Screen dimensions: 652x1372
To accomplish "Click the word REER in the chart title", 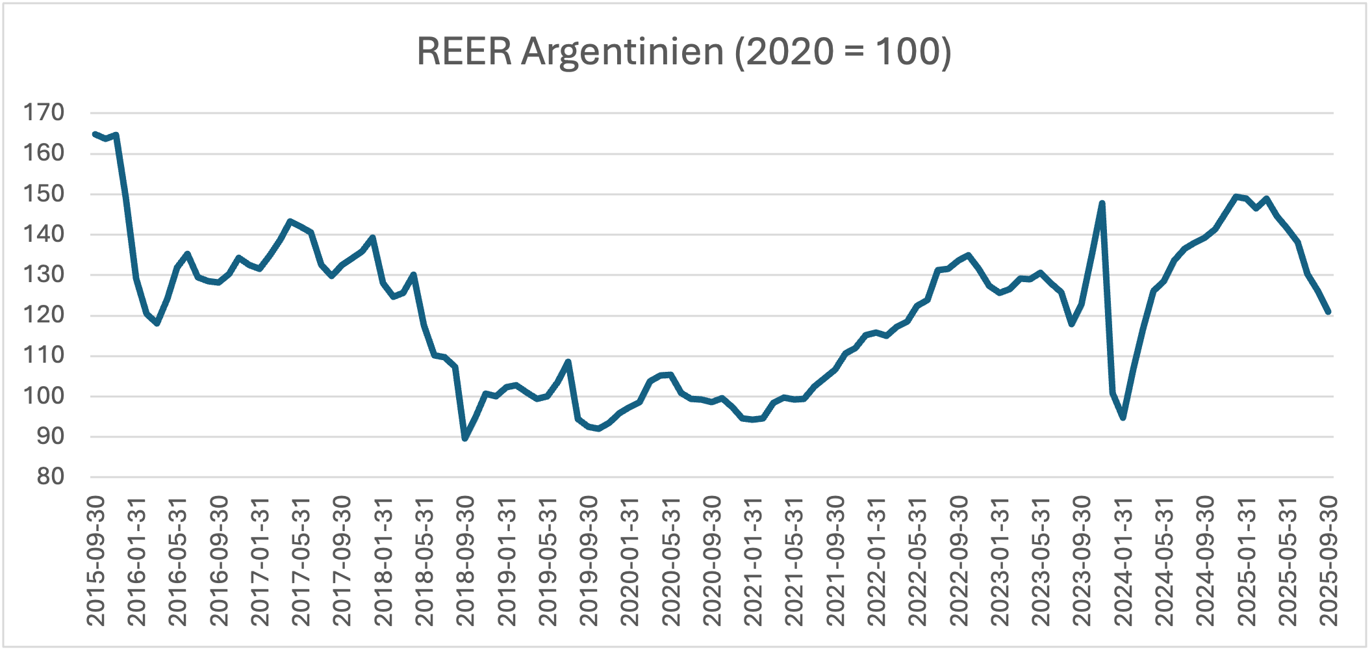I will [464, 51].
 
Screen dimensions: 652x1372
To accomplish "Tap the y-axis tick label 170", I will [44, 112].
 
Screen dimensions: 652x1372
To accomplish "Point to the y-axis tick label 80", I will [51, 476].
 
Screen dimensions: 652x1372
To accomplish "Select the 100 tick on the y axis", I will [44, 396].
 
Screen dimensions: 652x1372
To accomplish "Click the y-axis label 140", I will [44, 234].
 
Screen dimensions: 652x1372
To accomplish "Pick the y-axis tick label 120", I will [44, 315].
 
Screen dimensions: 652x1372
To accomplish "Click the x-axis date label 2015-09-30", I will [95, 560].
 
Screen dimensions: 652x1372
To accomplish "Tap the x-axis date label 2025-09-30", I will [1328, 560].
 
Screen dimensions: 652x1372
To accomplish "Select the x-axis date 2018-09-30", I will [465, 560].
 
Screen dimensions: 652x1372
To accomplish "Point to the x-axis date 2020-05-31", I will [670, 560].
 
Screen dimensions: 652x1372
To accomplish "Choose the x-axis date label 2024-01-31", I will [1123, 560].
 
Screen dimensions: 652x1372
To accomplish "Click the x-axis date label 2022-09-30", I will [958, 560].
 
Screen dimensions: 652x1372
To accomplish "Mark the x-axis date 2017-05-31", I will [301, 560].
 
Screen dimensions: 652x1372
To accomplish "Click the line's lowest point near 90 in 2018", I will [465, 439].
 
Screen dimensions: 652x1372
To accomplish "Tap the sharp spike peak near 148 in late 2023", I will [1102, 203].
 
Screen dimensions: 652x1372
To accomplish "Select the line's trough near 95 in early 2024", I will [1123, 417].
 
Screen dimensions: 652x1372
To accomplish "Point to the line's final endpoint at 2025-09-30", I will [1328, 312].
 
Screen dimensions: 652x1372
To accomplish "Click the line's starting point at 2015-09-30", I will [95, 134].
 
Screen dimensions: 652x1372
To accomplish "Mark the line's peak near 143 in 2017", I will [290, 221].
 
